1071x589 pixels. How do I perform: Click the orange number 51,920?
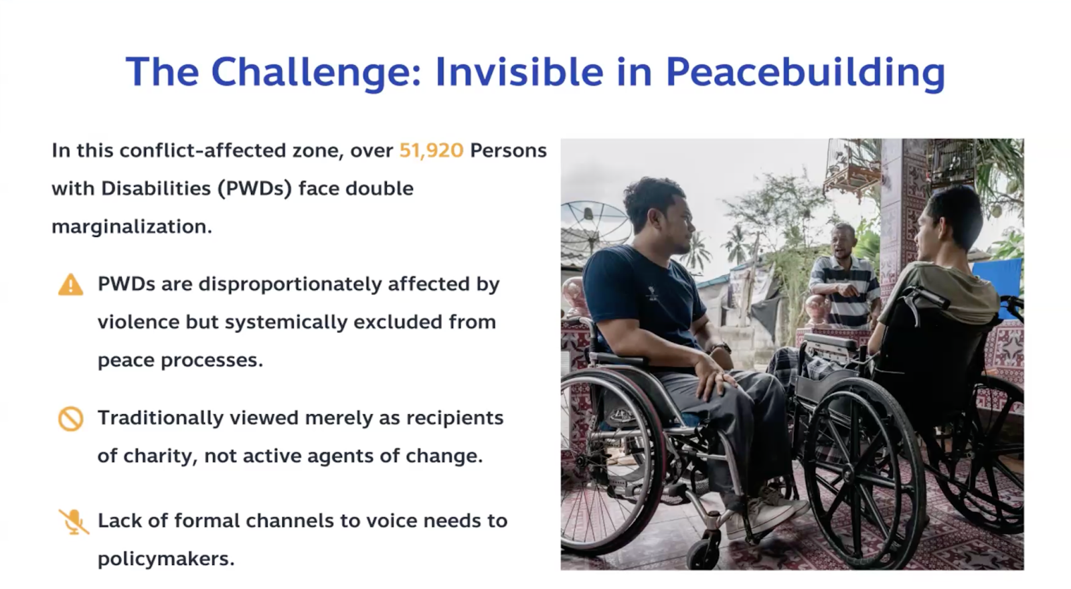[x=431, y=151]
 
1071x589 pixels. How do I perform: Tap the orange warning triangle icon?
[x=71, y=285]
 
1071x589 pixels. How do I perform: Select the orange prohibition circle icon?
[x=71, y=419]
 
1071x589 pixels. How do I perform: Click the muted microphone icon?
[x=74, y=521]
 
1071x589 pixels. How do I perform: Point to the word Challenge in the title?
[x=316, y=73]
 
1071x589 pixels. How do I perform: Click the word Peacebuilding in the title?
[x=806, y=73]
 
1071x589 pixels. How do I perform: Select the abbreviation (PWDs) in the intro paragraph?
[x=255, y=188]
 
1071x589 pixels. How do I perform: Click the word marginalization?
[x=132, y=227]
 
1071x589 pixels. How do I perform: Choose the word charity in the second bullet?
[x=161, y=456]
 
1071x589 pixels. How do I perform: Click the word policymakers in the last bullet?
[x=167, y=559]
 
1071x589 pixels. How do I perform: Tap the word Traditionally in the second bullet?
[x=161, y=418]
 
